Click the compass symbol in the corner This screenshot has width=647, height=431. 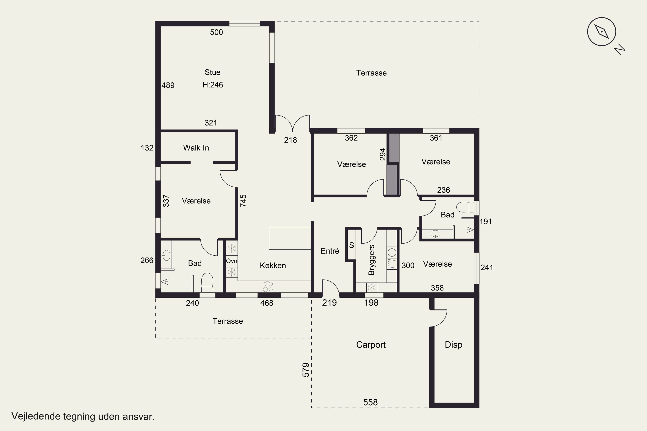pos(602,32)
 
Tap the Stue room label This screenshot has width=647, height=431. pos(212,72)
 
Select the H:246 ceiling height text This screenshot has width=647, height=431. pos(213,85)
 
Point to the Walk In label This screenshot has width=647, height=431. pos(196,148)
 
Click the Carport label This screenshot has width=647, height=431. pos(371,345)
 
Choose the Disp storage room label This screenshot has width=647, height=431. pos(454,345)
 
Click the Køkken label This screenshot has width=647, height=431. pos(273,265)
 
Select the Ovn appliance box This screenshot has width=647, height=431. pos(232,261)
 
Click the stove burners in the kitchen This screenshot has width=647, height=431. pos(268,286)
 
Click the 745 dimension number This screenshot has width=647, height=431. pos(243,201)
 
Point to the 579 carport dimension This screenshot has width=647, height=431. pos(306,370)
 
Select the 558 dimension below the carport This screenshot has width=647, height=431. pos(370,402)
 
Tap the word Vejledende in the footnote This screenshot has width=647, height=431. pos(36,416)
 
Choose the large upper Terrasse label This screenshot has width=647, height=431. pos(371,73)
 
